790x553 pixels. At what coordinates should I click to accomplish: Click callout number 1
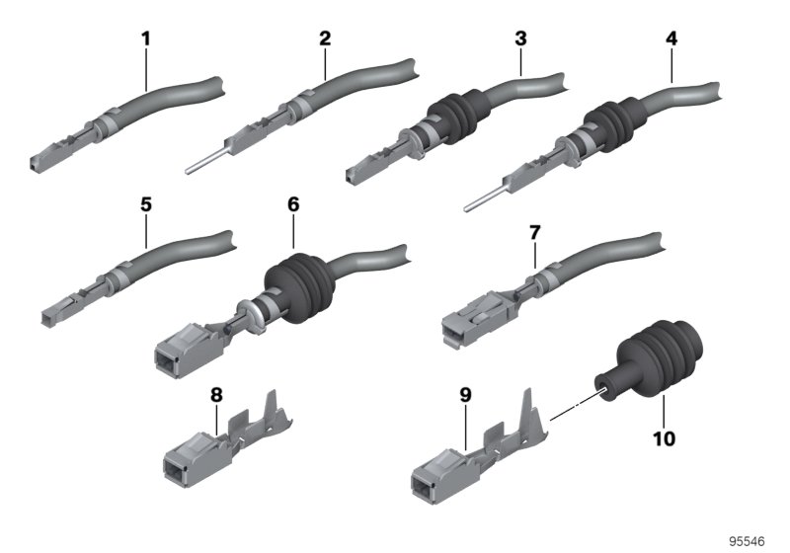click(145, 39)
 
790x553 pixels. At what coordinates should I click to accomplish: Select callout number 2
click(325, 39)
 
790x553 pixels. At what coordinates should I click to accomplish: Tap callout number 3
click(520, 39)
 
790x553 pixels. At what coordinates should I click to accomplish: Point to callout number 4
click(671, 39)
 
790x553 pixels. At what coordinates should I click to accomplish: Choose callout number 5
click(145, 205)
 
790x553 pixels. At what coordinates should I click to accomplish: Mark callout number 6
click(293, 204)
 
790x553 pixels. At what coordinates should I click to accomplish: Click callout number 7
click(534, 233)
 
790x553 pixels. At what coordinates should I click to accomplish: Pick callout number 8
click(216, 395)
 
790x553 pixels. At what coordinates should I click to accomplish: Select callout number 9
click(465, 395)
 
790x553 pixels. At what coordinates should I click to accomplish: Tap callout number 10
click(664, 438)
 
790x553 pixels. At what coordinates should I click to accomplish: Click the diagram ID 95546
click(748, 541)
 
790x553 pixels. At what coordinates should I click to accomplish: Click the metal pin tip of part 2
click(188, 171)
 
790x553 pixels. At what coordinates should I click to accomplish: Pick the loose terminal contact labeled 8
click(228, 439)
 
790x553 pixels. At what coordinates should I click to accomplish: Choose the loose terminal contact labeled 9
click(479, 446)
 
